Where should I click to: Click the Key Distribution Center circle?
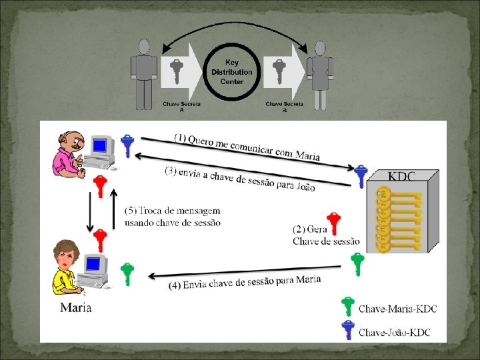pyautogui.click(x=231, y=71)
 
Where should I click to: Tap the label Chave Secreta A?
pyautogui.click(x=182, y=107)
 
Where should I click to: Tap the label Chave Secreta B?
pyautogui.click(x=284, y=107)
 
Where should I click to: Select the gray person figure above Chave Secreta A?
pyautogui.click(x=144, y=73)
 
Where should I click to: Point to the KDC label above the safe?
pyautogui.click(x=401, y=176)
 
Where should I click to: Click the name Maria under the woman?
pyautogui.click(x=75, y=307)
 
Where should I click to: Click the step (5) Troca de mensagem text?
pyautogui.click(x=172, y=217)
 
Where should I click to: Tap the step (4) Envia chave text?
pyautogui.click(x=245, y=282)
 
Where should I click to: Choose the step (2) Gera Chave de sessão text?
pyautogui.click(x=325, y=235)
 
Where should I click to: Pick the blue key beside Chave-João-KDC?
pyautogui.click(x=347, y=331)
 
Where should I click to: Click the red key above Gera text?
pyautogui.click(x=333, y=223)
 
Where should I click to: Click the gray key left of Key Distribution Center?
pyautogui.click(x=176, y=69)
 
